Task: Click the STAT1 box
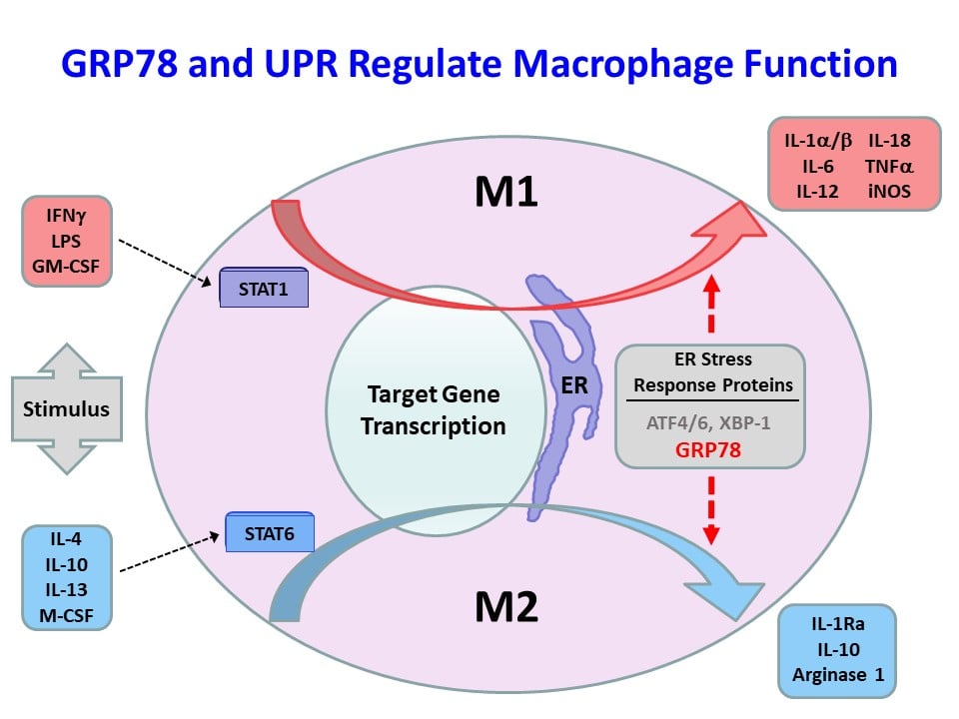(264, 290)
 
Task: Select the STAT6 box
(270, 531)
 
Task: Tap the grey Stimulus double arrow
(66, 408)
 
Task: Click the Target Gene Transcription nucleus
(433, 409)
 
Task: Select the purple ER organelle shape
(565, 399)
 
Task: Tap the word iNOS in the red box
(890, 191)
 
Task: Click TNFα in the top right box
(890, 166)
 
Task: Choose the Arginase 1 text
(837, 675)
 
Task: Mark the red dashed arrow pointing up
(711, 305)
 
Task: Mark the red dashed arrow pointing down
(711, 509)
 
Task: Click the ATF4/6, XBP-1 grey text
(710, 422)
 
